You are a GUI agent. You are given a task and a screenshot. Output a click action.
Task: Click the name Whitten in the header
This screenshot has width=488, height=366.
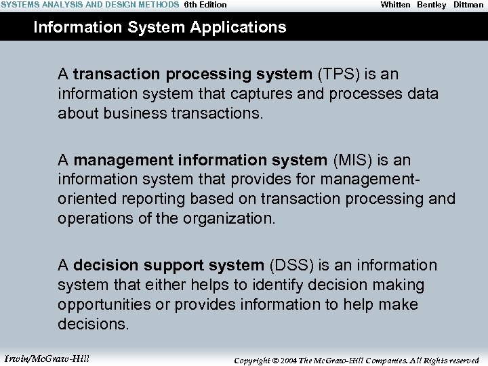pos(395,5)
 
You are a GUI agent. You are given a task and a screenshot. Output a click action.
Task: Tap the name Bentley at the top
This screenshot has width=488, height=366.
pos(432,5)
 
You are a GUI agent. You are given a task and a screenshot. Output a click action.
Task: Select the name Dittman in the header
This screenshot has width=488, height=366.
pos(468,5)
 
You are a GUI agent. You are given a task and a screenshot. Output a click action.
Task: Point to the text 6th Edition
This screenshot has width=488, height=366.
pos(205,5)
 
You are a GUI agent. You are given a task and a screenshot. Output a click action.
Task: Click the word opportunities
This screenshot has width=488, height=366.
pos(104,304)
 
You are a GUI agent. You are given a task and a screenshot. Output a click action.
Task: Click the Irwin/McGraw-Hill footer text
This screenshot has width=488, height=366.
pos(47,359)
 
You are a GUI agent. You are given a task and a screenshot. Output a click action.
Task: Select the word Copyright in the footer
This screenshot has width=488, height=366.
pos(252,361)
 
